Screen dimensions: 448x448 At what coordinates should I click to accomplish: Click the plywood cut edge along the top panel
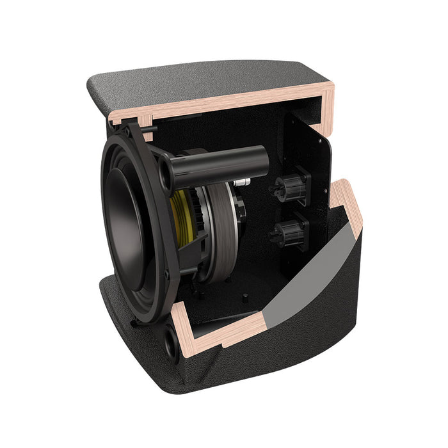coord(224,102)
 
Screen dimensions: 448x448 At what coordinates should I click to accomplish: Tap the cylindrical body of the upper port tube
coord(224,164)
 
